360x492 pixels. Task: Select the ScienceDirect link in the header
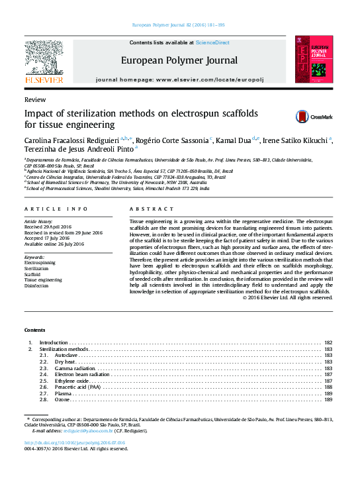[213, 42]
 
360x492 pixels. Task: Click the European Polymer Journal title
[179, 60]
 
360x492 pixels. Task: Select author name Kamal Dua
[236, 140]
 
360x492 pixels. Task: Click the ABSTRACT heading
[147, 209]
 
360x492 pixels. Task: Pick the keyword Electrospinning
[40, 263]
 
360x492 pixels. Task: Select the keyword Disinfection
[37, 286]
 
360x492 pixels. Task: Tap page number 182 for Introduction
[328, 342]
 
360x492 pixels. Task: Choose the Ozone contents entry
[63, 400]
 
